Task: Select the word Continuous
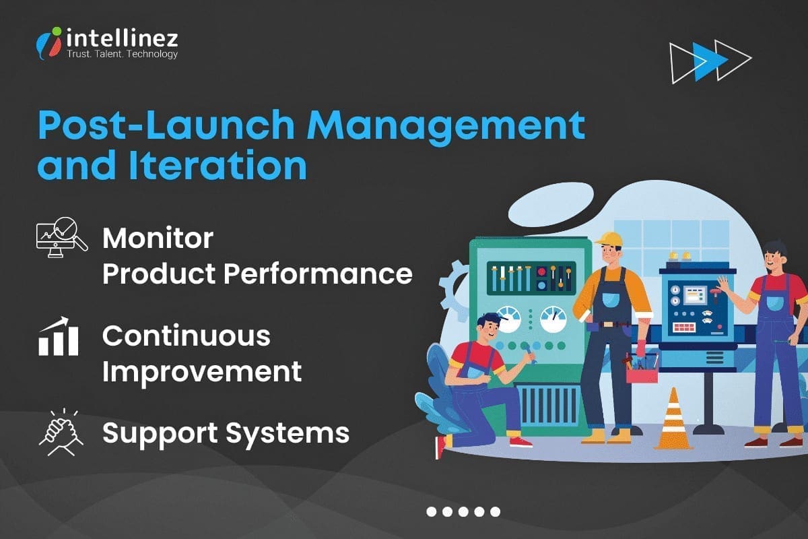[x=187, y=336]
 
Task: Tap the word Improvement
[x=202, y=371]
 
